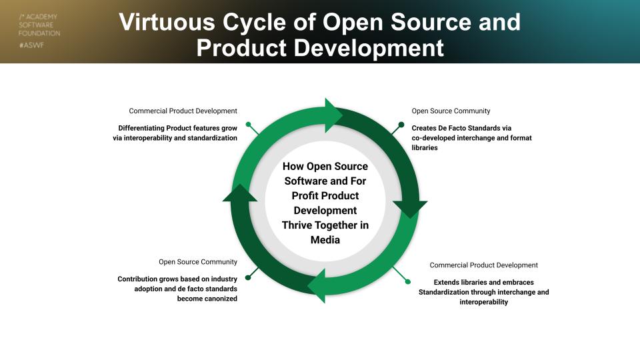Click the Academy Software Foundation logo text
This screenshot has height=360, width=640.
pyautogui.click(x=39, y=25)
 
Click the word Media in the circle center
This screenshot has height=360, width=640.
pyautogui.click(x=325, y=239)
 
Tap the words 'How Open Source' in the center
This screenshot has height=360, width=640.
pyautogui.click(x=325, y=166)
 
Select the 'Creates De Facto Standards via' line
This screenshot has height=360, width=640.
pyautogui.click(x=461, y=127)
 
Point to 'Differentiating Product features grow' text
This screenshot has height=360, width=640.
pyautogui.click(x=177, y=127)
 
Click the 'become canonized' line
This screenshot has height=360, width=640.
pyautogui.click(x=207, y=299)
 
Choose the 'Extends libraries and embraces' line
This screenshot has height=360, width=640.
pyautogui.click(x=483, y=282)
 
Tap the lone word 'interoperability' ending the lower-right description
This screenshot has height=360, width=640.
pyautogui.click(x=483, y=302)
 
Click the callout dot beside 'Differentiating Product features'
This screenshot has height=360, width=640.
pyautogui.click(x=248, y=124)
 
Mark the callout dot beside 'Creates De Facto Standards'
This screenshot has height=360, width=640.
pyautogui.click(x=401, y=124)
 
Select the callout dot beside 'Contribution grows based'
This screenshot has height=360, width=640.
pyautogui.click(x=248, y=277)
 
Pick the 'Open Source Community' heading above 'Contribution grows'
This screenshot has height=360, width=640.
pyautogui.click(x=198, y=262)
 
